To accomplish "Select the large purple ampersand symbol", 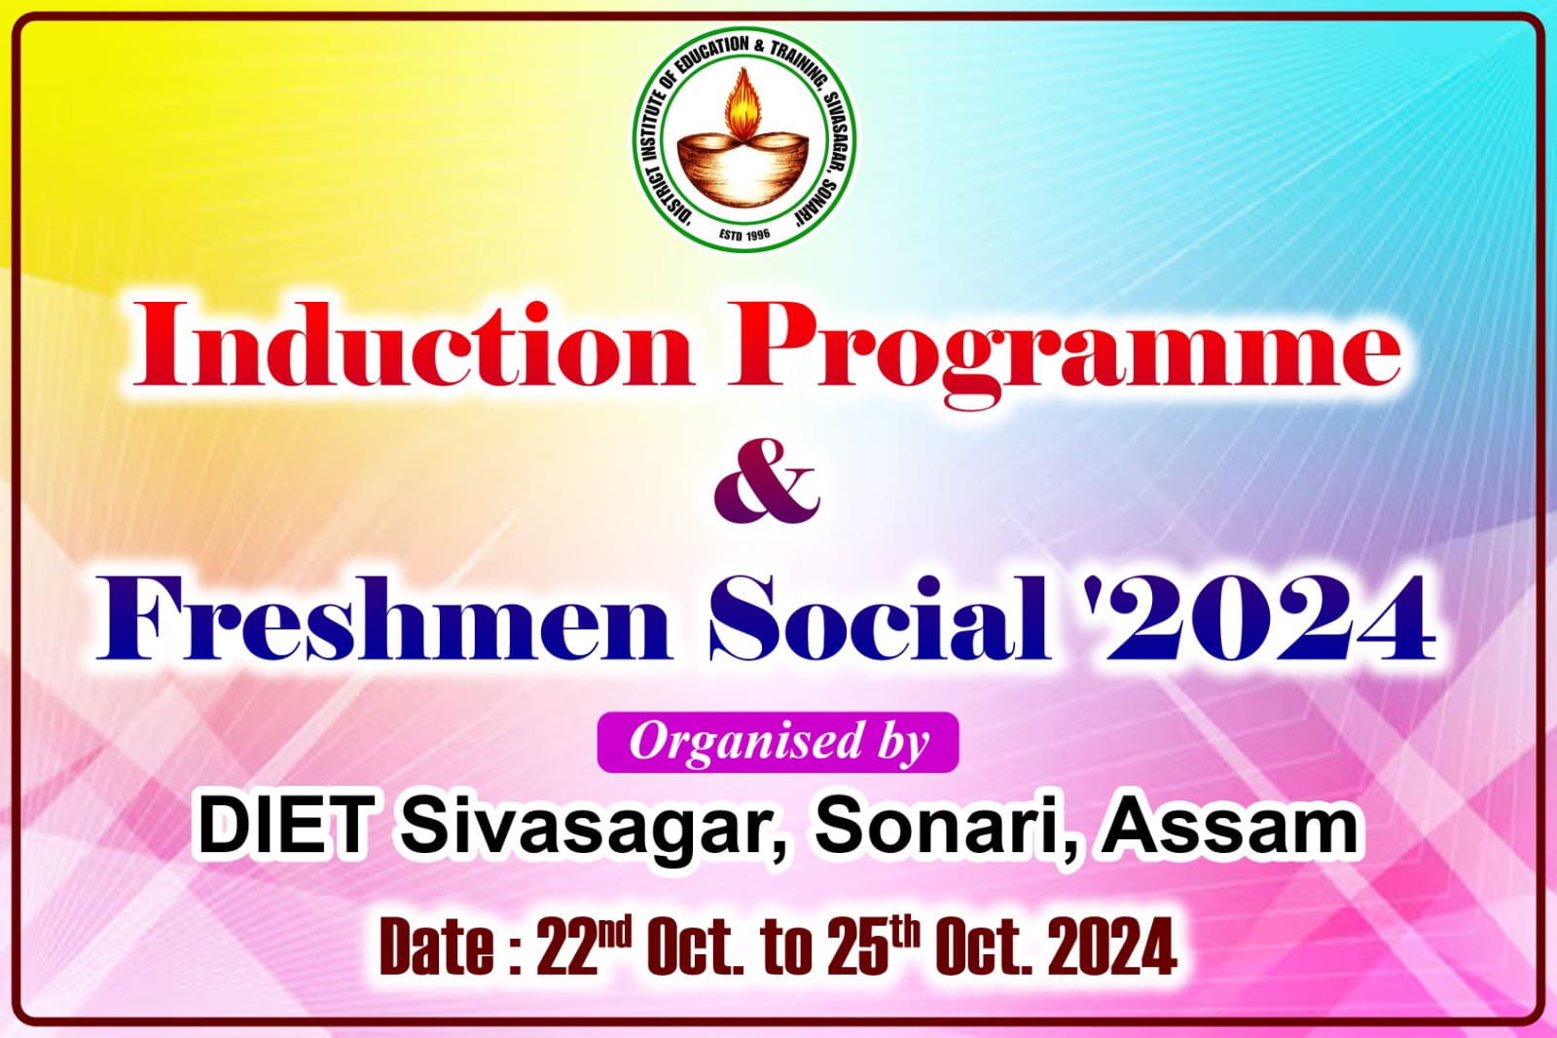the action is (768, 481).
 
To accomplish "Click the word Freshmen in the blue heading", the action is (383, 618).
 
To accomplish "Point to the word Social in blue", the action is (880, 618).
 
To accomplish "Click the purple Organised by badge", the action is (778, 742).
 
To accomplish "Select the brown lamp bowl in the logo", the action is (743, 169).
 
